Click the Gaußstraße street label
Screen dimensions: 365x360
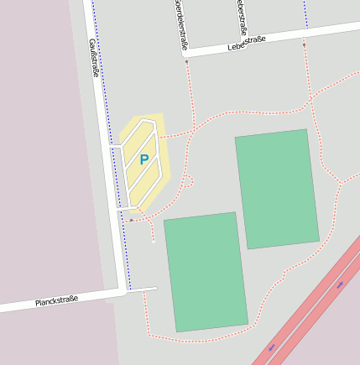coord(94,57)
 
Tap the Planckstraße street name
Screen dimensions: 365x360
coord(56,300)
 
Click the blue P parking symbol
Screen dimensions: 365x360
coord(143,159)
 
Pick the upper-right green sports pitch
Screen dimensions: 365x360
coord(276,189)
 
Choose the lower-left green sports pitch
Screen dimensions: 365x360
coord(206,270)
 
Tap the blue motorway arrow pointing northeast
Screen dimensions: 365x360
coord(341,285)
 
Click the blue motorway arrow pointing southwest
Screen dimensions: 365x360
coord(272,347)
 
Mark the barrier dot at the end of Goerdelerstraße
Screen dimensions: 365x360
coord(186,61)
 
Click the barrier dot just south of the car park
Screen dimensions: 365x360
coord(132,220)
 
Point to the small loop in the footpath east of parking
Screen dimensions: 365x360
coord(189,180)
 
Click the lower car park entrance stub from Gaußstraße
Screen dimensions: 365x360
coord(120,207)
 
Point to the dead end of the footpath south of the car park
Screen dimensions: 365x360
coord(154,242)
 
